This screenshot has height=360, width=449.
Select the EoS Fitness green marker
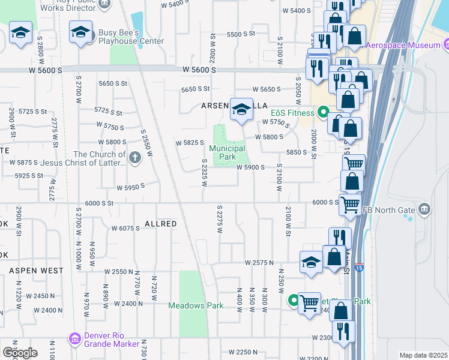pos(323,112)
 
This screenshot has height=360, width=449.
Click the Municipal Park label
pos(227,152)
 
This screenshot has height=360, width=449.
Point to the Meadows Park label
pos(196,305)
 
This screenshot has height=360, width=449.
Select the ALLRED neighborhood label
pos(160,224)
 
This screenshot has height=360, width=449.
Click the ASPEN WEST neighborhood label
pos(36,271)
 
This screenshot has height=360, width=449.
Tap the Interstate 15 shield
pos(359,266)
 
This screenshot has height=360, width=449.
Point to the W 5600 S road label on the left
pos(46,70)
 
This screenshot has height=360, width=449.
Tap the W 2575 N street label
pos(259,263)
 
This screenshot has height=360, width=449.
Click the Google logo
pos(20,352)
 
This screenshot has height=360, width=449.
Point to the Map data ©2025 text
pos(423,355)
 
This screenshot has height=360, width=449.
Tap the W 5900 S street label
pos(250,167)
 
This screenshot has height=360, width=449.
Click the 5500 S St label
pos(241,34)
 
